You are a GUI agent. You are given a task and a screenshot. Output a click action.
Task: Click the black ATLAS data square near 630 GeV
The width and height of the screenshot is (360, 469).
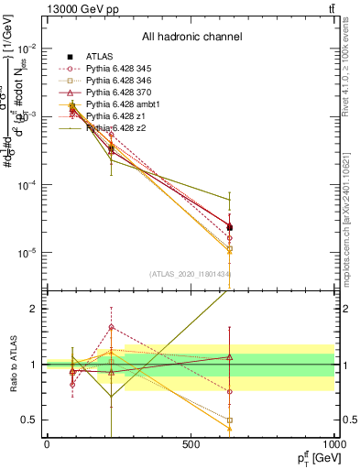(x=229, y=227)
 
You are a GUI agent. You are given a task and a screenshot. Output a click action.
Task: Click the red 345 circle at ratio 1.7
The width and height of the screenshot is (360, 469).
(x=111, y=326)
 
